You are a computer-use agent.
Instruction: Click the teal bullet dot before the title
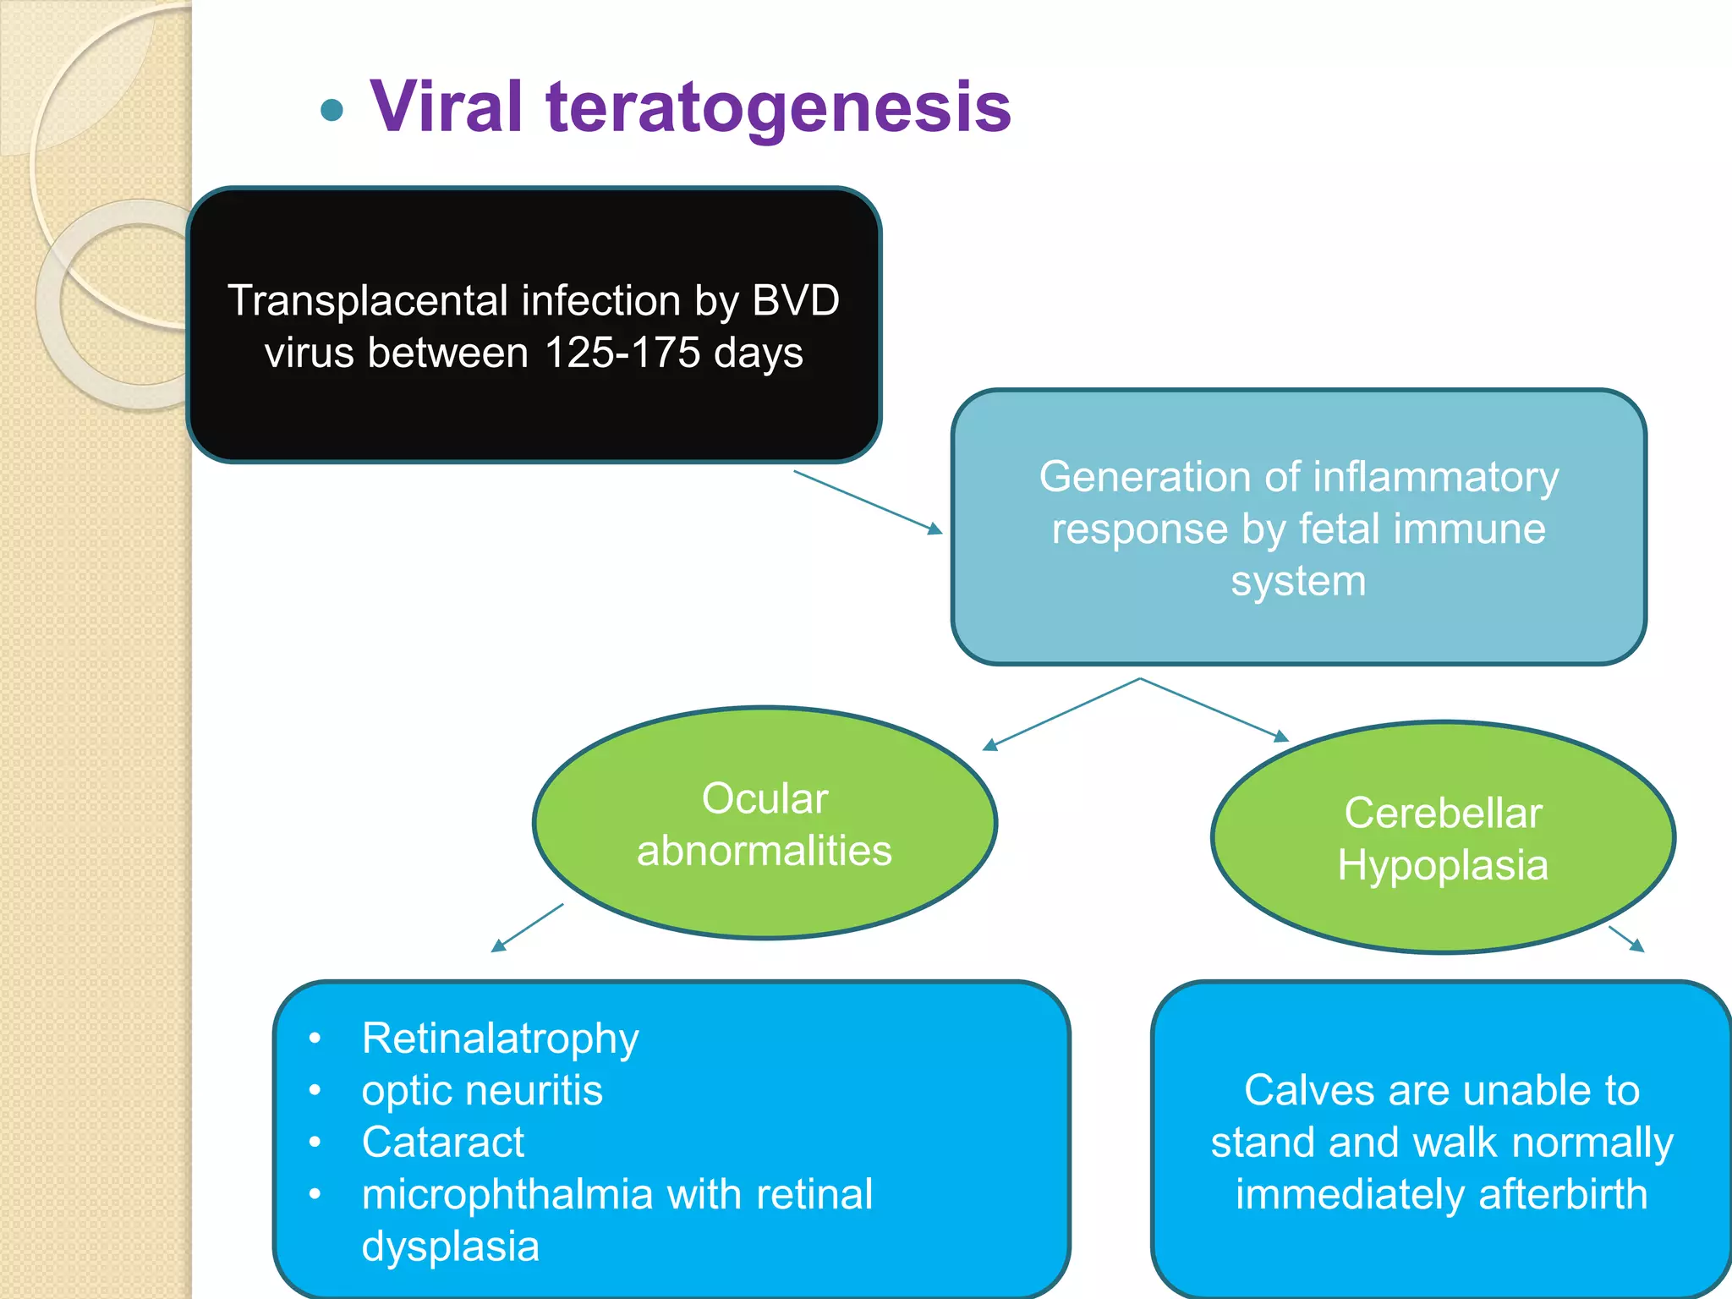[x=332, y=110]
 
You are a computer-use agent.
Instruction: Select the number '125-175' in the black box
[x=622, y=353]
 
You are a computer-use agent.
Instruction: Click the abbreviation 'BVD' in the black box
[x=795, y=300]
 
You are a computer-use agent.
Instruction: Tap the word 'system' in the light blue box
[x=1298, y=581]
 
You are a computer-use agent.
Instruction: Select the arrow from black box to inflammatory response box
[x=868, y=502]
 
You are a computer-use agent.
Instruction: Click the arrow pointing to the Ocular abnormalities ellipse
[x=1061, y=715]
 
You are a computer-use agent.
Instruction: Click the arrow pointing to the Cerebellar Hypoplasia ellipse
[x=1214, y=710]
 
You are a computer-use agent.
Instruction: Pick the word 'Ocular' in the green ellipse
[x=765, y=798]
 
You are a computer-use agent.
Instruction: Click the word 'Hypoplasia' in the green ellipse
[x=1443, y=865]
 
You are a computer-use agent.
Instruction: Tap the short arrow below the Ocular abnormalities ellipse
[x=528, y=928]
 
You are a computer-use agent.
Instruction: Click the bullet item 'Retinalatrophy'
[x=500, y=1039]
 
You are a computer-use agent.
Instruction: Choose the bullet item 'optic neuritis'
[x=482, y=1090]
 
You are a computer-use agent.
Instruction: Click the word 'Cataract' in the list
[x=443, y=1143]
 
